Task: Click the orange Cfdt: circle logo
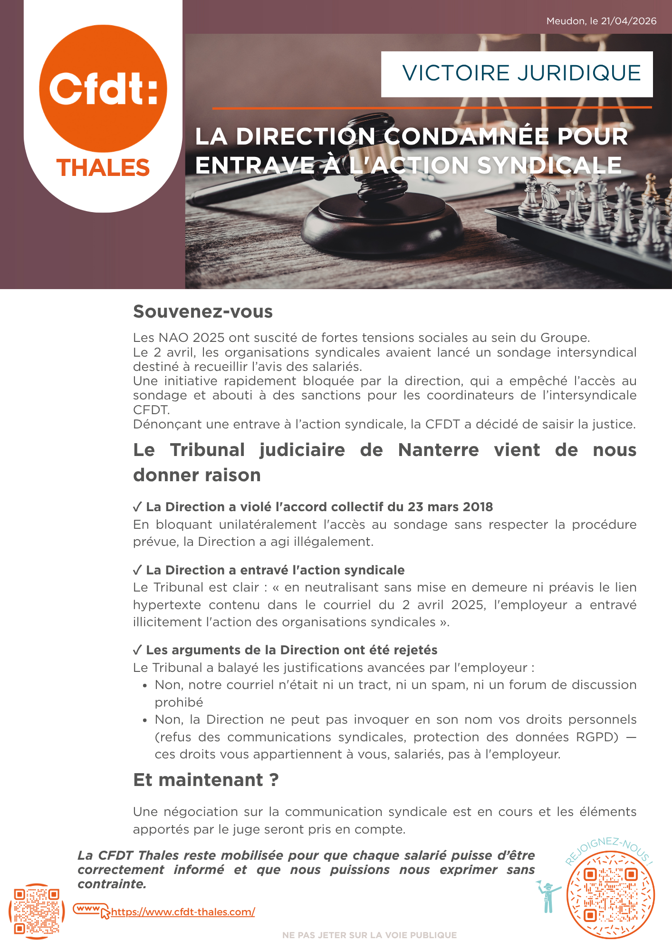coord(103,88)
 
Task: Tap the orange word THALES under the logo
coord(103,168)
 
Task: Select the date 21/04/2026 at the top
coord(628,21)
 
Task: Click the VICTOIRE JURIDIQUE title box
coord(517,74)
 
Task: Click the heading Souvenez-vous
coord(203,311)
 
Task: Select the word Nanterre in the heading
coord(438,450)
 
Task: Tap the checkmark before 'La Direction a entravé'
coord(137,570)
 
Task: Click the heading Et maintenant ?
coord(206,780)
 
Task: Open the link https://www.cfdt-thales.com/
coord(183,912)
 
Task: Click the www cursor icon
coord(91,910)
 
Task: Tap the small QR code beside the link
coord(37,911)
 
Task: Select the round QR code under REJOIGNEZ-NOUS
coord(611,894)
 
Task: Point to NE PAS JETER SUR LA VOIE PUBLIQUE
coord(369,935)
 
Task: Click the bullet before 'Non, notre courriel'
coord(145,686)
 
